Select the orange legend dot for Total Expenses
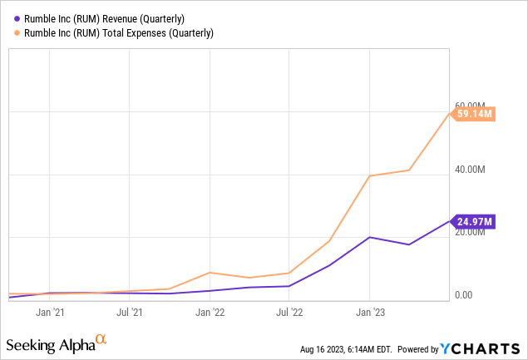[x=12, y=33]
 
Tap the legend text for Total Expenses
[x=115, y=33]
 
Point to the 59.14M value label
[x=475, y=114]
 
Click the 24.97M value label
[x=475, y=221]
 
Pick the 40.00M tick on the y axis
[x=471, y=170]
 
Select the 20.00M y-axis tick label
[x=471, y=232]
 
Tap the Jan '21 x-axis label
[x=50, y=313]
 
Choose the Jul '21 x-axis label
[x=130, y=313]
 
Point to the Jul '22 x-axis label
[x=289, y=313]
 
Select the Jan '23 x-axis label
[x=369, y=313]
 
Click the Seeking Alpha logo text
[x=50, y=344]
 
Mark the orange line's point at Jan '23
[x=369, y=175]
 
